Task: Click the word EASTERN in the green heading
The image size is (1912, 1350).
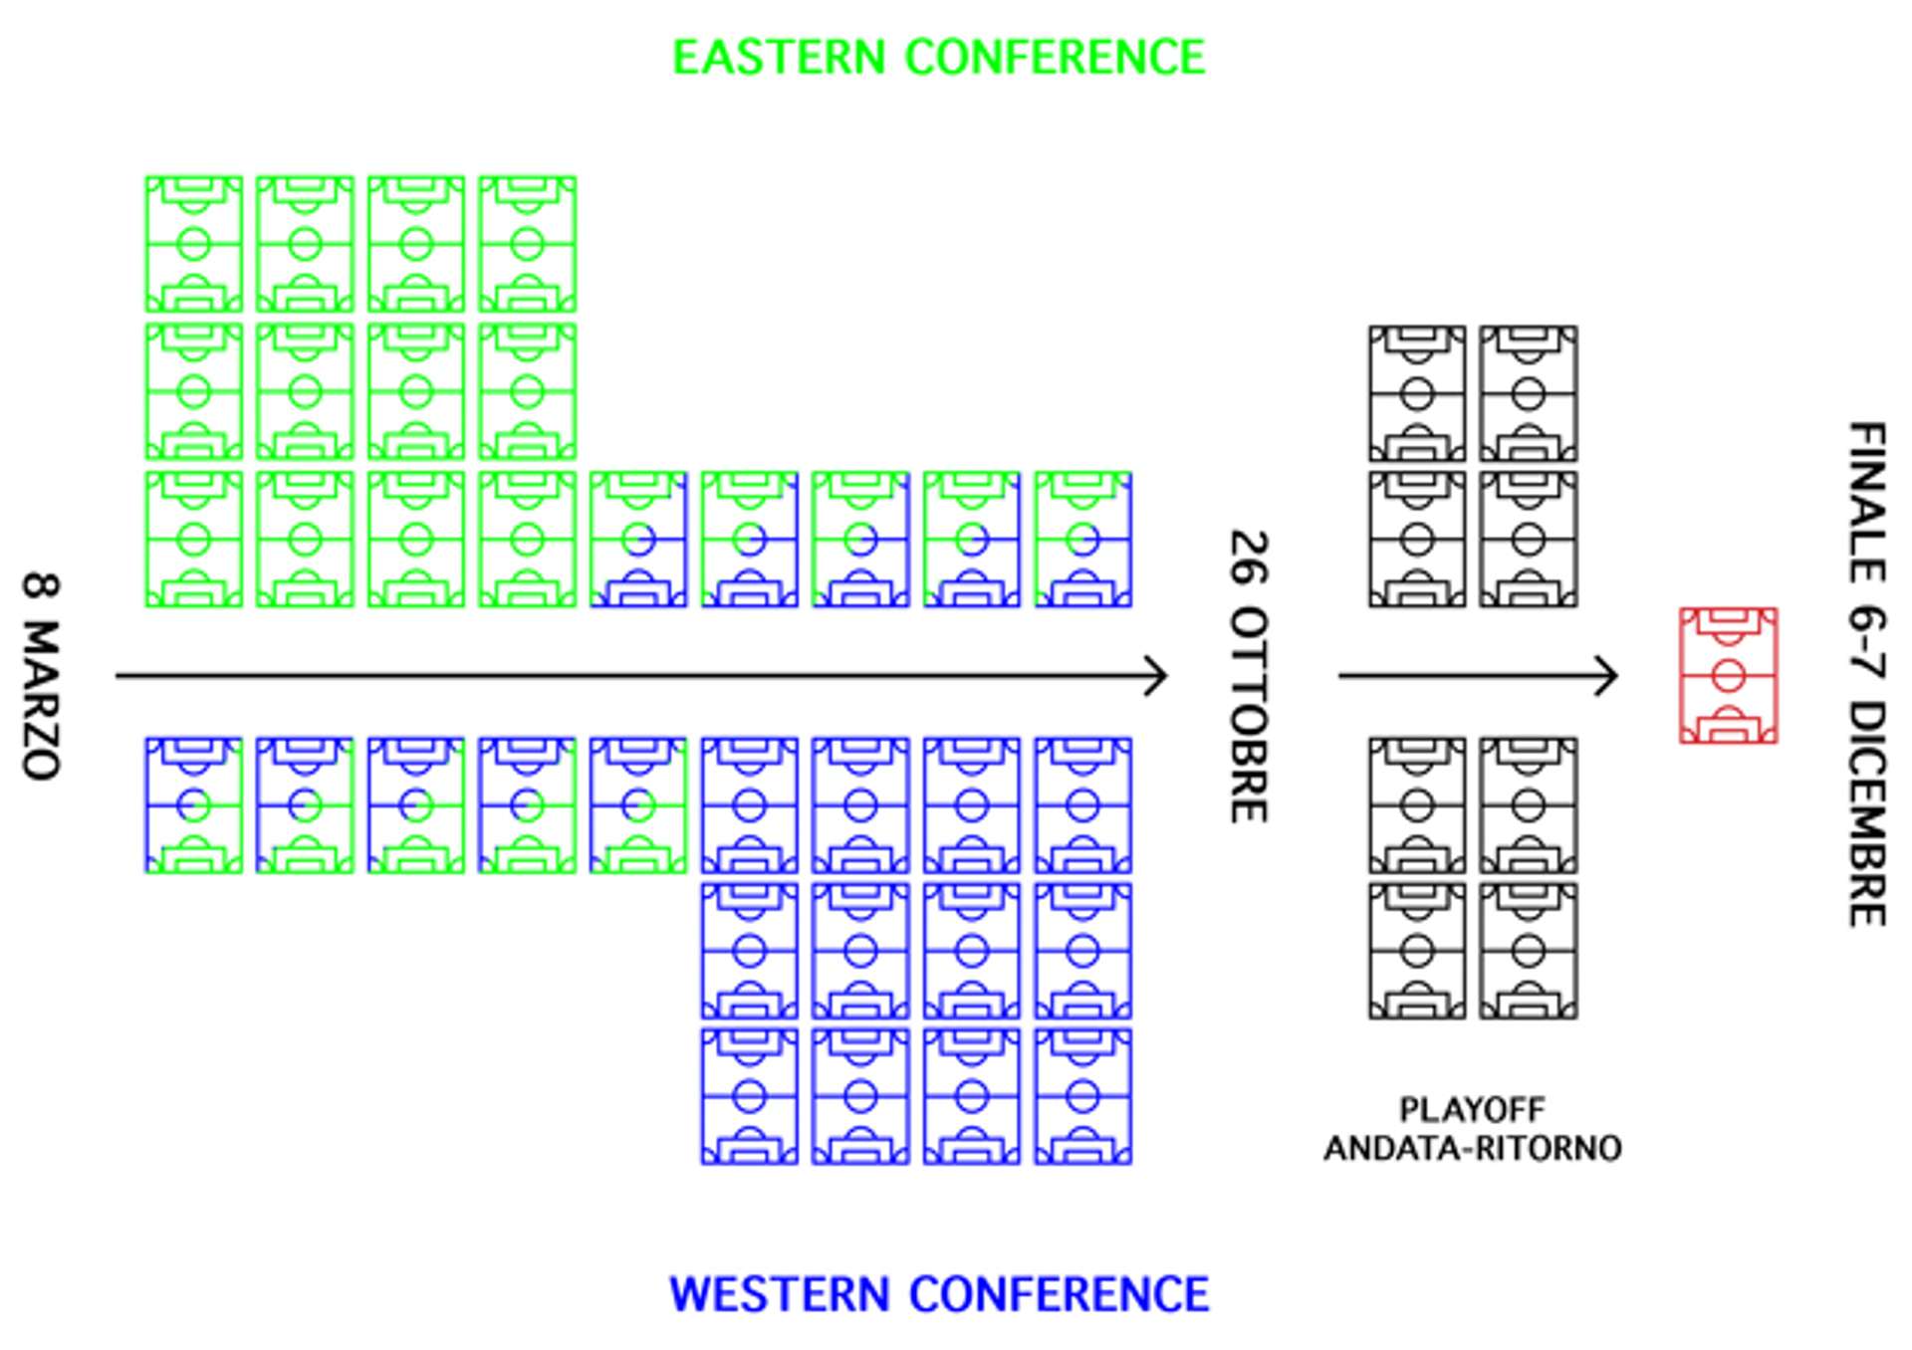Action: click(779, 57)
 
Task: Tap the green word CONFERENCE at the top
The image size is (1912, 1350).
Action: click(1055, 57)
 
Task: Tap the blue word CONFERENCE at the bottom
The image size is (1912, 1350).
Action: click(1059, 1294)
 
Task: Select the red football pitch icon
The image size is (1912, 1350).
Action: click(1728, 676)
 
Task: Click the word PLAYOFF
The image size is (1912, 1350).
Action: click(1472, 1109)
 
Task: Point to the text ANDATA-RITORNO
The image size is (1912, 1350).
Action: click(1472, 1149)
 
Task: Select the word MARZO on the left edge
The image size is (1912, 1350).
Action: click(41, 700)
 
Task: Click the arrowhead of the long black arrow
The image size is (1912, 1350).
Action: click(1158, 676)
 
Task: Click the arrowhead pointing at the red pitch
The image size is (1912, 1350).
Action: click(1608, 676)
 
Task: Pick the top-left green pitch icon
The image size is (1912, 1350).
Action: click(193, 244)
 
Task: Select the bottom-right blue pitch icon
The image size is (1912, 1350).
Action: click(1082, 1096)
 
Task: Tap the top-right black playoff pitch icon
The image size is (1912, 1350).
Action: click(1528, 393)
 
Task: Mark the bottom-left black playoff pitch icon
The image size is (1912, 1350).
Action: click(1417, 951)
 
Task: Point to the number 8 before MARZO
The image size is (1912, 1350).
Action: click(41, 586)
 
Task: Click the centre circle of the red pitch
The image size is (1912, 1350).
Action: click(1728, 677)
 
